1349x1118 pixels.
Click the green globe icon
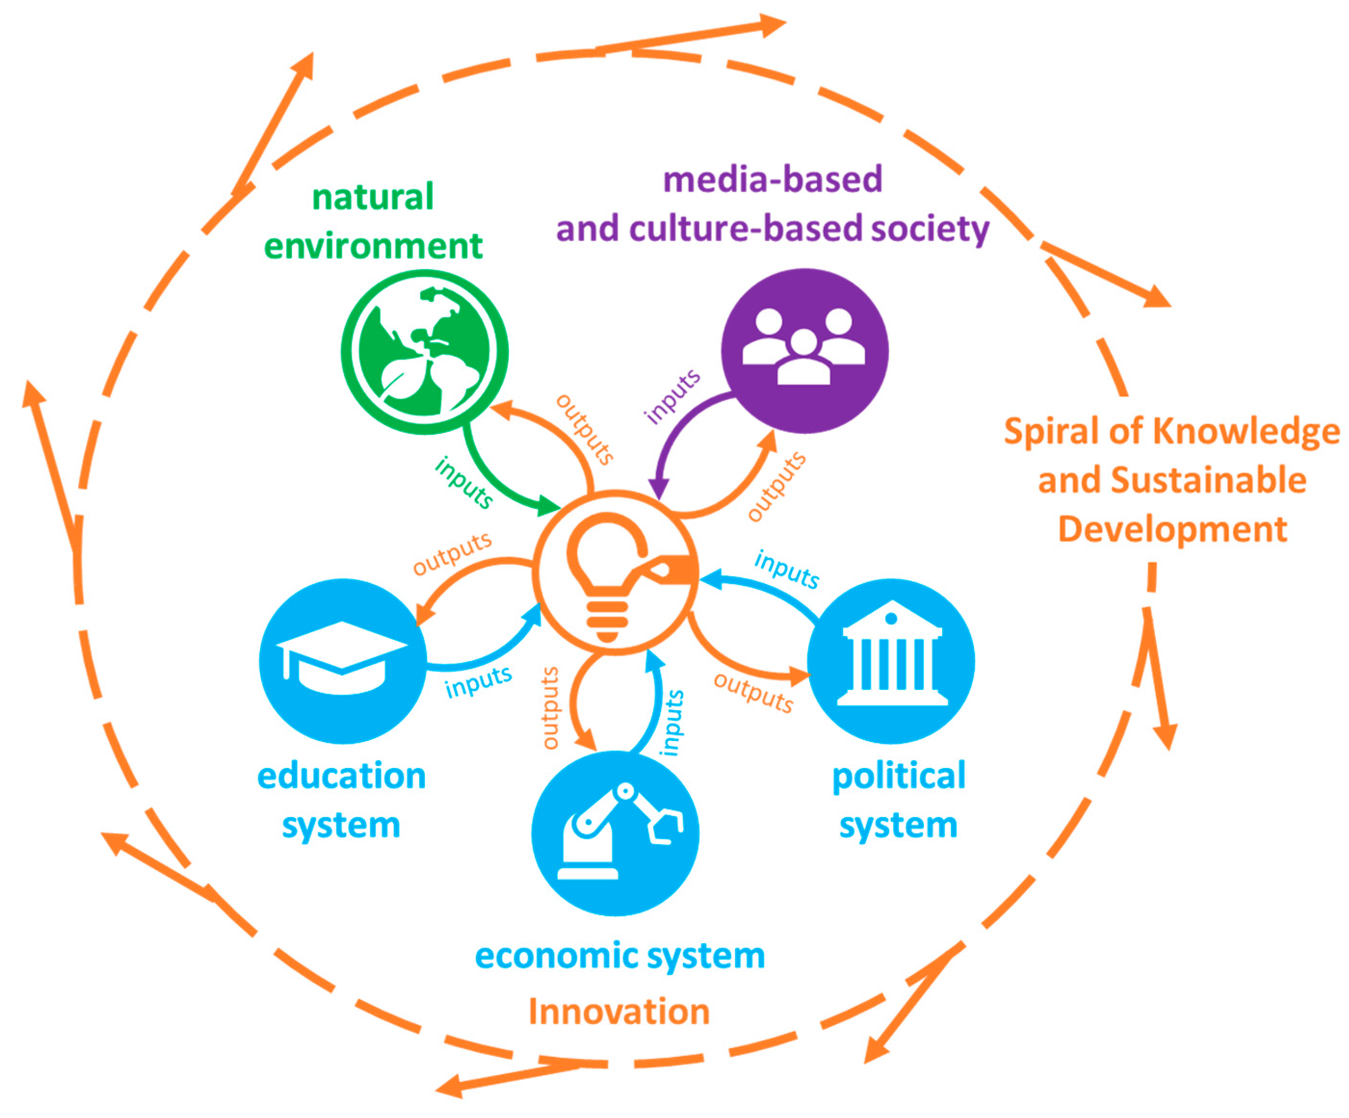(424, 352)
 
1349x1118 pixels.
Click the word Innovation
(619, 1012)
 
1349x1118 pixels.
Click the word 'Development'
(1172, 530)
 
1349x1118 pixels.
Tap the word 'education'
(341, 776)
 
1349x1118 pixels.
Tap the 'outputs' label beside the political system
(753, 693)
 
